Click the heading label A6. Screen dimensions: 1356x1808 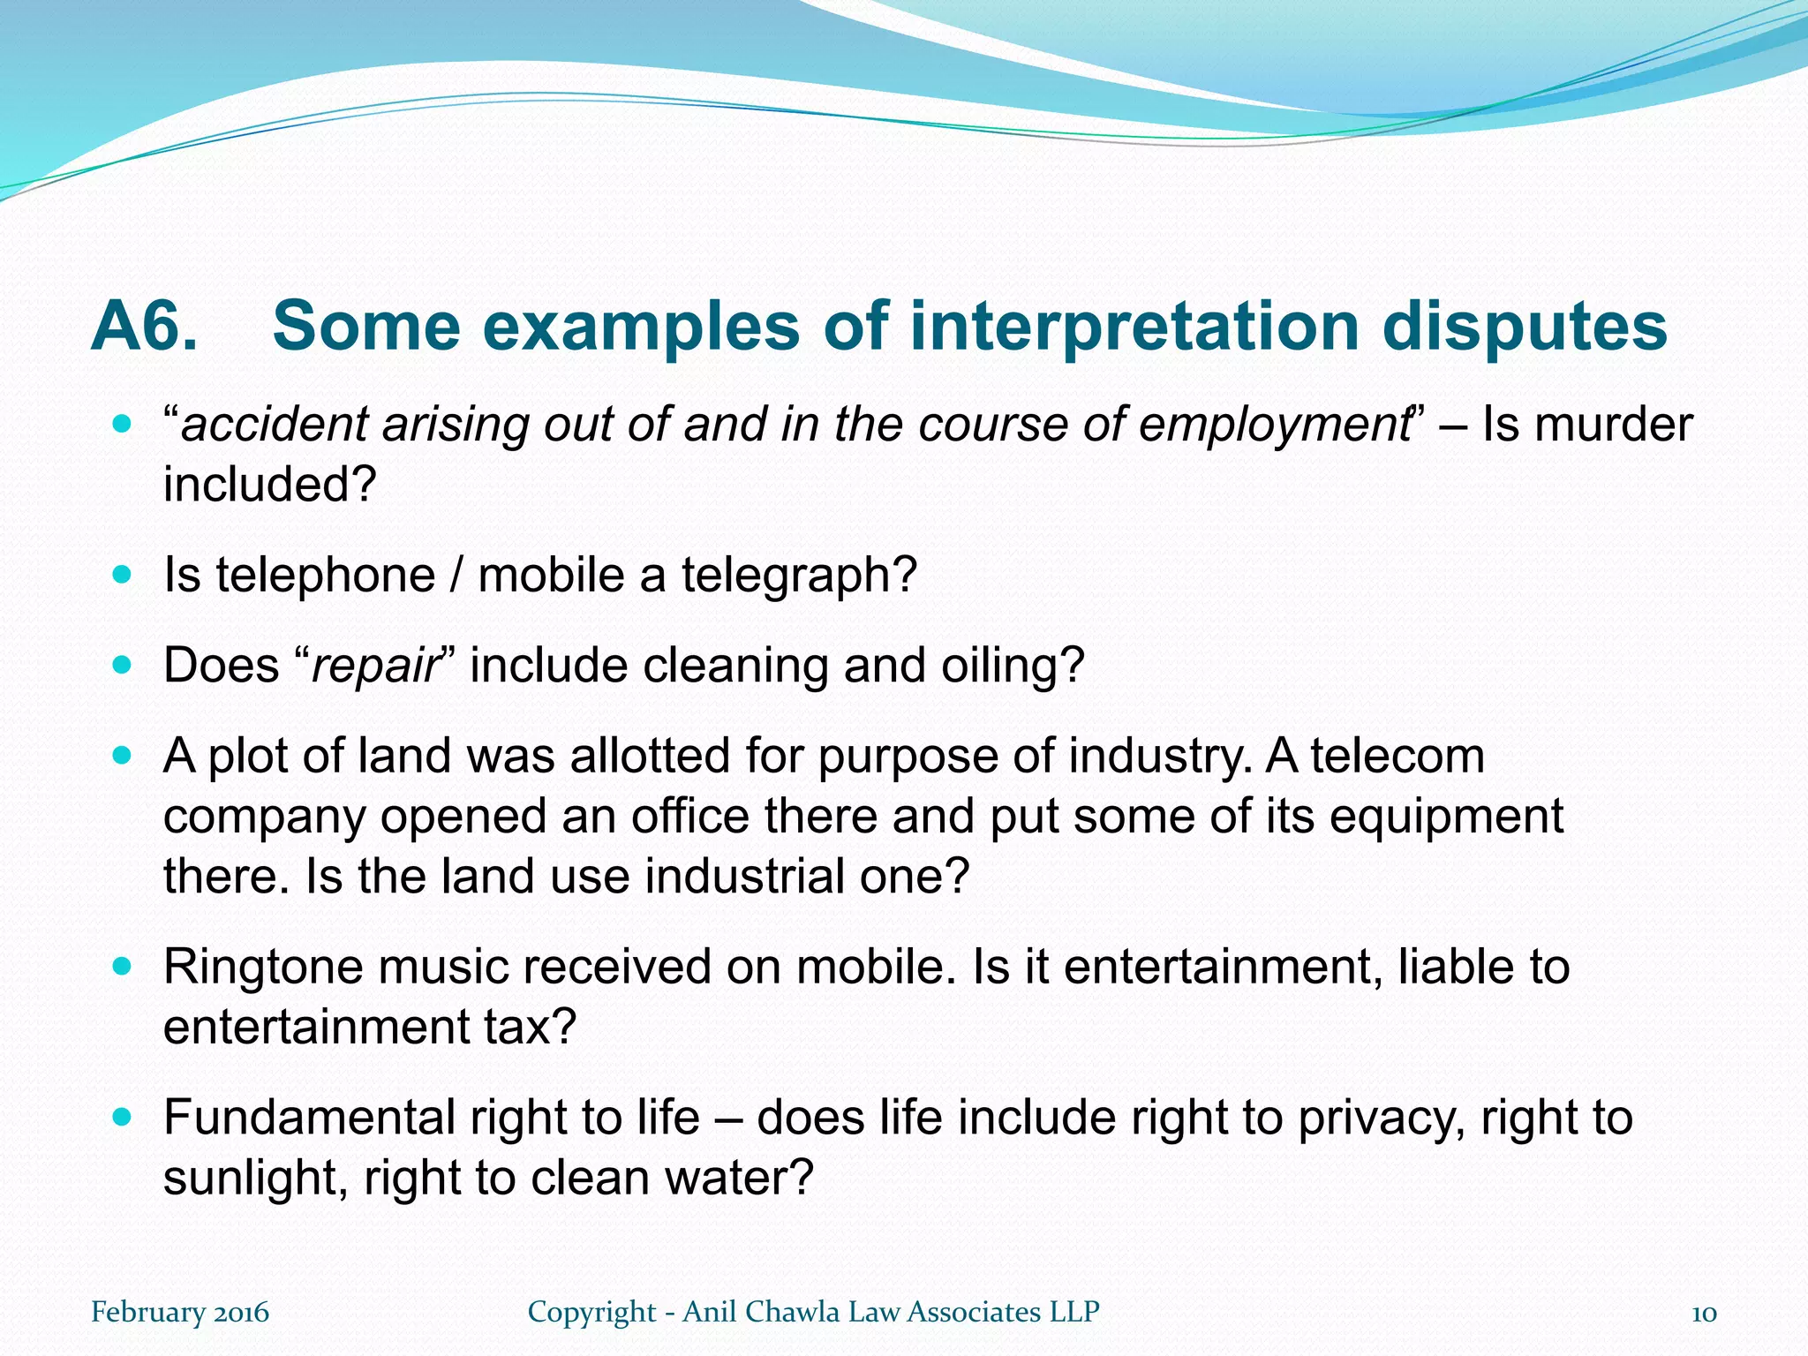point(144,327)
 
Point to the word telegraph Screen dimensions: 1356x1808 point(799,576)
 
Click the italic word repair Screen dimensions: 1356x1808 point(375,666)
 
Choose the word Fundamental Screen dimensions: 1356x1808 point(309,1118)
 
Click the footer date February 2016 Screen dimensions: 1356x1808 point(179,1312)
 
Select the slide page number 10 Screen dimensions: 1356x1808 point(1704,1313)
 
